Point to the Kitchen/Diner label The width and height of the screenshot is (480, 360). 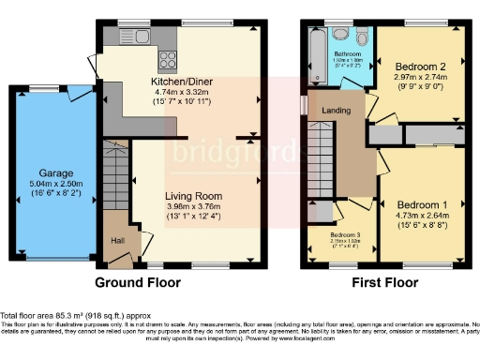[x=183, y=82]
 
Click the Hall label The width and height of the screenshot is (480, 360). [x=117, y=239]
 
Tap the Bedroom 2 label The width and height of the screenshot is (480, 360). [x=419, y=67]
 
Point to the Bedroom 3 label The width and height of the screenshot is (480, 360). [x=344, y=235]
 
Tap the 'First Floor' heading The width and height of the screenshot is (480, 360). [x=384, y=281]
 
